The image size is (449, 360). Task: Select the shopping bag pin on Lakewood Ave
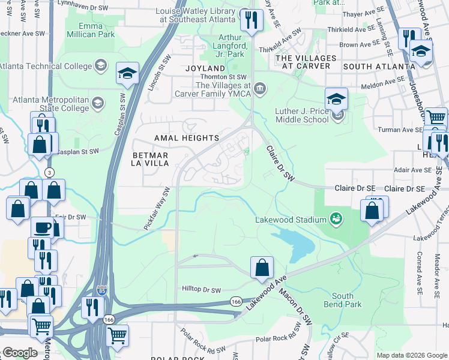pos(262,268)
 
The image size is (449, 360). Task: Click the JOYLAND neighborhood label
pos(205,69)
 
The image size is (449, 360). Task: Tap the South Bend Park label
pos(342,300)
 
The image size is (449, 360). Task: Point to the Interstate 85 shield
pos(102,290)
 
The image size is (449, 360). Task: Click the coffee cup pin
pos(42,228)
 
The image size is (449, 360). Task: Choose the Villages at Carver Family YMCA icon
pos(260,89)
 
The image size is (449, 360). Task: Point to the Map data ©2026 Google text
pos(411,355)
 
